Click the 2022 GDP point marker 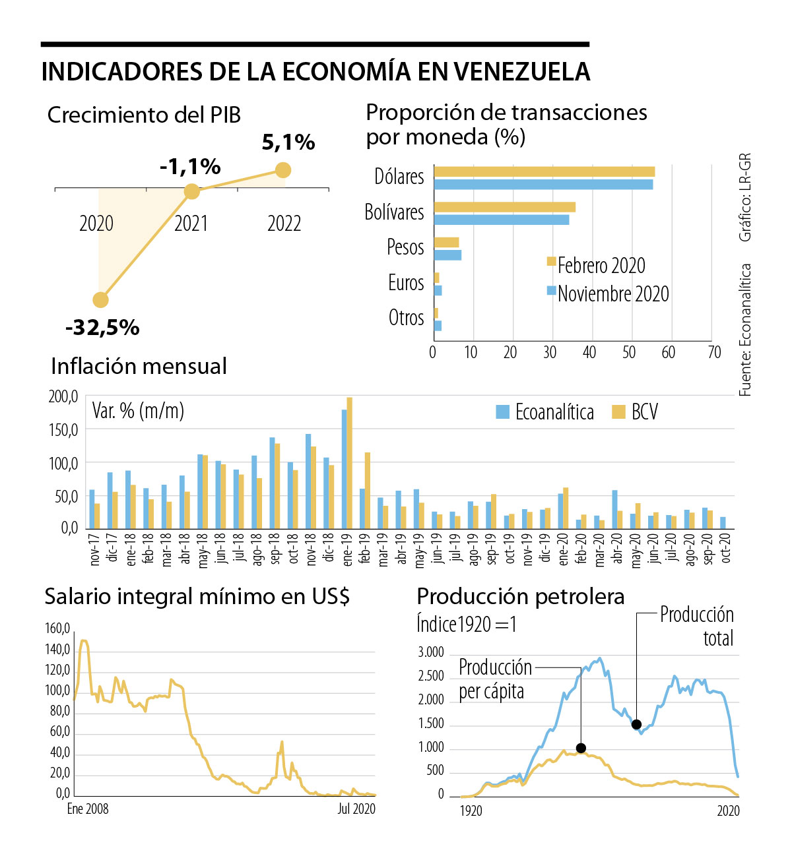click(282, 170)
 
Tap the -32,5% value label click(102, 327)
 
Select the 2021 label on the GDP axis click(191, 224)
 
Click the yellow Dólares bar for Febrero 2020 click(544, 172)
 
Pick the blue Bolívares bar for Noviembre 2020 click(502, 220)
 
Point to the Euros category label click(406, 283)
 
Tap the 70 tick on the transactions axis click(714, 353)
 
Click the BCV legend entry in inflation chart click(636, 412)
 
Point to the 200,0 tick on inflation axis click(63, 396)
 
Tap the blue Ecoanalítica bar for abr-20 click(614, 509)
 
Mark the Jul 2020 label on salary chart click(356, 809)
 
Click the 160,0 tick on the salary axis click(57, 628)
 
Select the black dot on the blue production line click(636, 724)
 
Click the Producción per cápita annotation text click(495, 679)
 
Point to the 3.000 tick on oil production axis click(431, 652)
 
